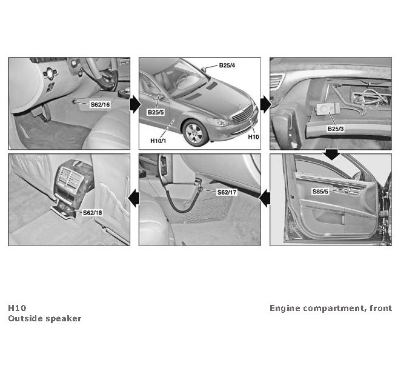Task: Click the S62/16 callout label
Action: [101, 104]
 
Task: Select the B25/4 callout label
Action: [227, 65]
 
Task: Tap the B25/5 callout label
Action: [156, 112]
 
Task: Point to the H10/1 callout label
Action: [158, 141]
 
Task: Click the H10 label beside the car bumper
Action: [253, 137]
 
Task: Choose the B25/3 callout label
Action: [336, 129]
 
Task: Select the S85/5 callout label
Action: [320, 192]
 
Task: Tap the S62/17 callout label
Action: [227, 192]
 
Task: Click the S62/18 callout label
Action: [93, 213]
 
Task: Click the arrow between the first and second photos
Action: [135, 104]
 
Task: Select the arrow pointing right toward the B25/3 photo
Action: [266, 104]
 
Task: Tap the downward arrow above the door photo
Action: [331, 155]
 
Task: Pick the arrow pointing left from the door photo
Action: [265, 198]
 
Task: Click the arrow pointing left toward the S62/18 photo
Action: [134, 198]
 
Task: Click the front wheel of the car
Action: [194, 133]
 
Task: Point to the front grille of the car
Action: [242, 114]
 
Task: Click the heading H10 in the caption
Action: [17, 308]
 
